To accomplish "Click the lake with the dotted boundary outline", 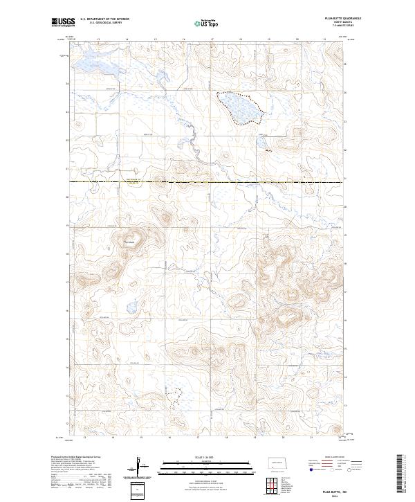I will coord(240,108).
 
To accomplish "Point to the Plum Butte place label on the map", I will coord(128,242).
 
